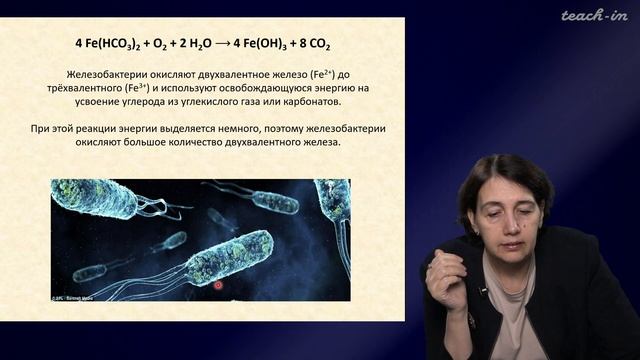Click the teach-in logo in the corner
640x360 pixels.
coord(594,15)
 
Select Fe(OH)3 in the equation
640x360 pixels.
coord(275,45)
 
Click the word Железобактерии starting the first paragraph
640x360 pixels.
coord(102,75)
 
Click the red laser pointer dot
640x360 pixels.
coord(218,285)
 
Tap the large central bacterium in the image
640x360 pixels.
coord(230,257)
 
